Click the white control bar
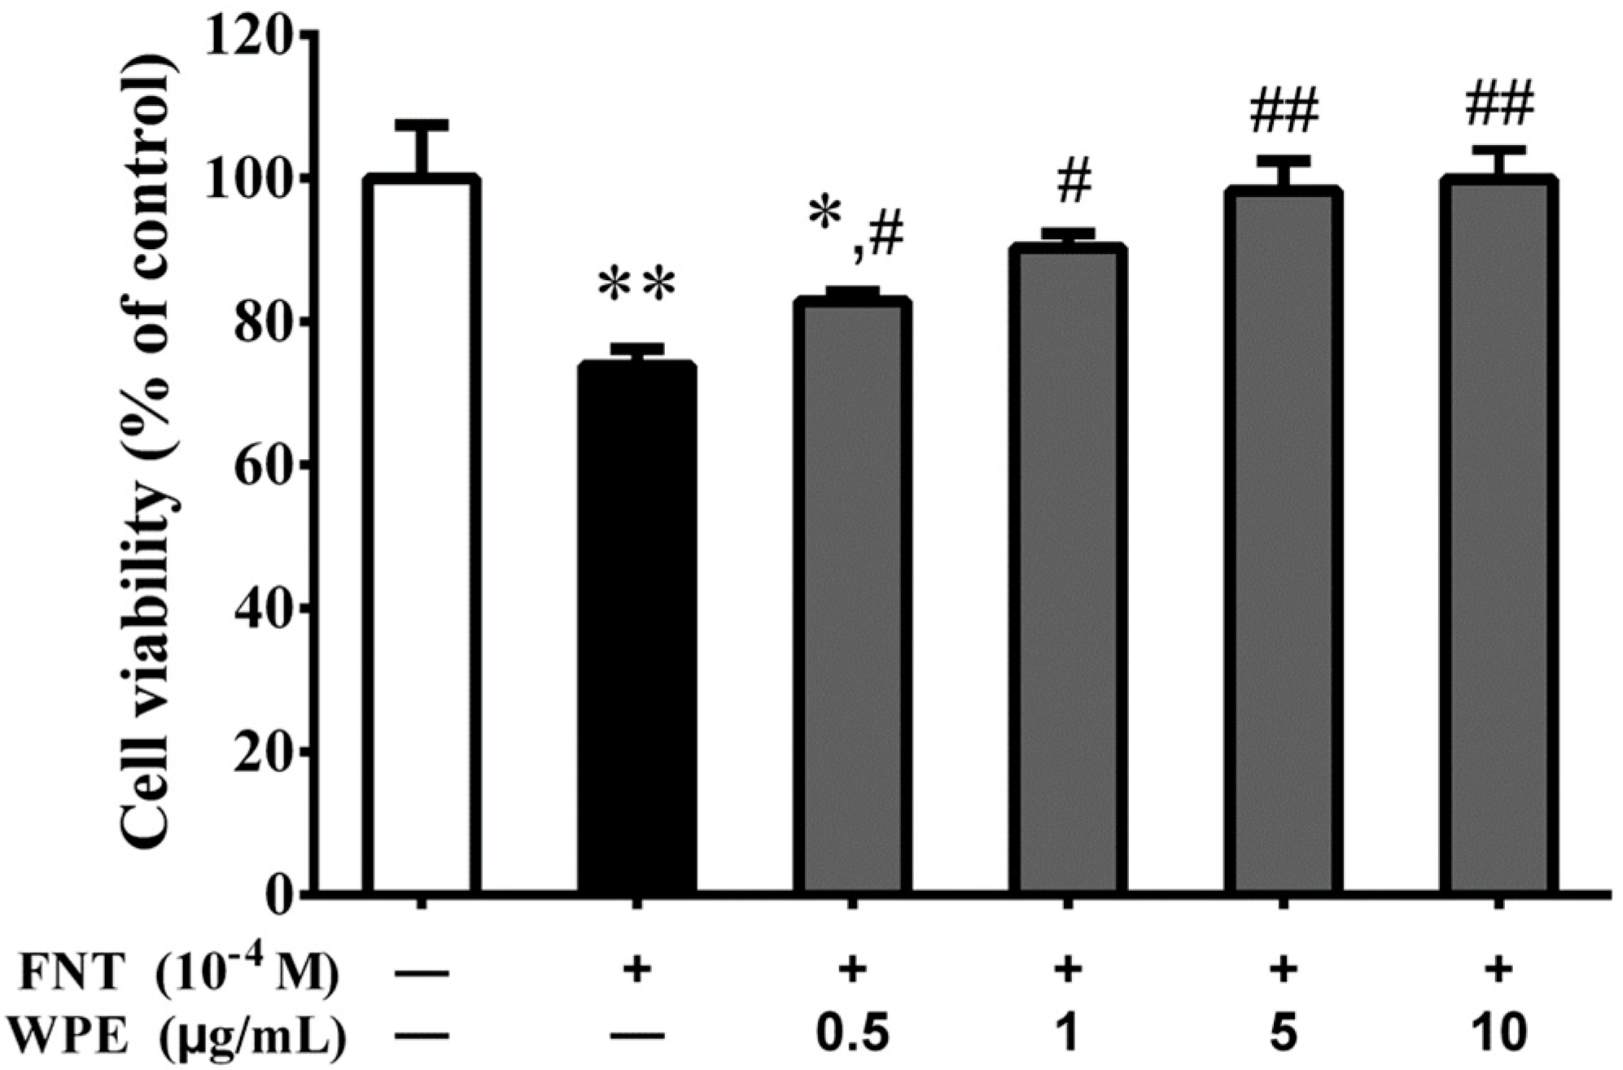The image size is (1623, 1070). tap(421, 537)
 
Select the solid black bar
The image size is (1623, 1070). tap(637, 627)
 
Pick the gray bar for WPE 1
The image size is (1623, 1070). tap(1068, 570)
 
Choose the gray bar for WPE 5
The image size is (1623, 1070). tap(1283, 541)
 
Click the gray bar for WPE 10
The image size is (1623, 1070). tap(1498, 537)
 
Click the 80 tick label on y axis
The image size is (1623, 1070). tap(257, 323)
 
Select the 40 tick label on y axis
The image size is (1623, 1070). tap(257, 608)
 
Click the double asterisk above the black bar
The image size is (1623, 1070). tap(637, 287)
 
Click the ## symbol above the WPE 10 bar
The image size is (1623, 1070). tap(1499, 106)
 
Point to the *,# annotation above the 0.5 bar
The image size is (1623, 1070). tap(856, 228)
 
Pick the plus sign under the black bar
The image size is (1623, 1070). tap(637, 971)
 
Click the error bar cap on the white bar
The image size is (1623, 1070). tap(421, 124)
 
